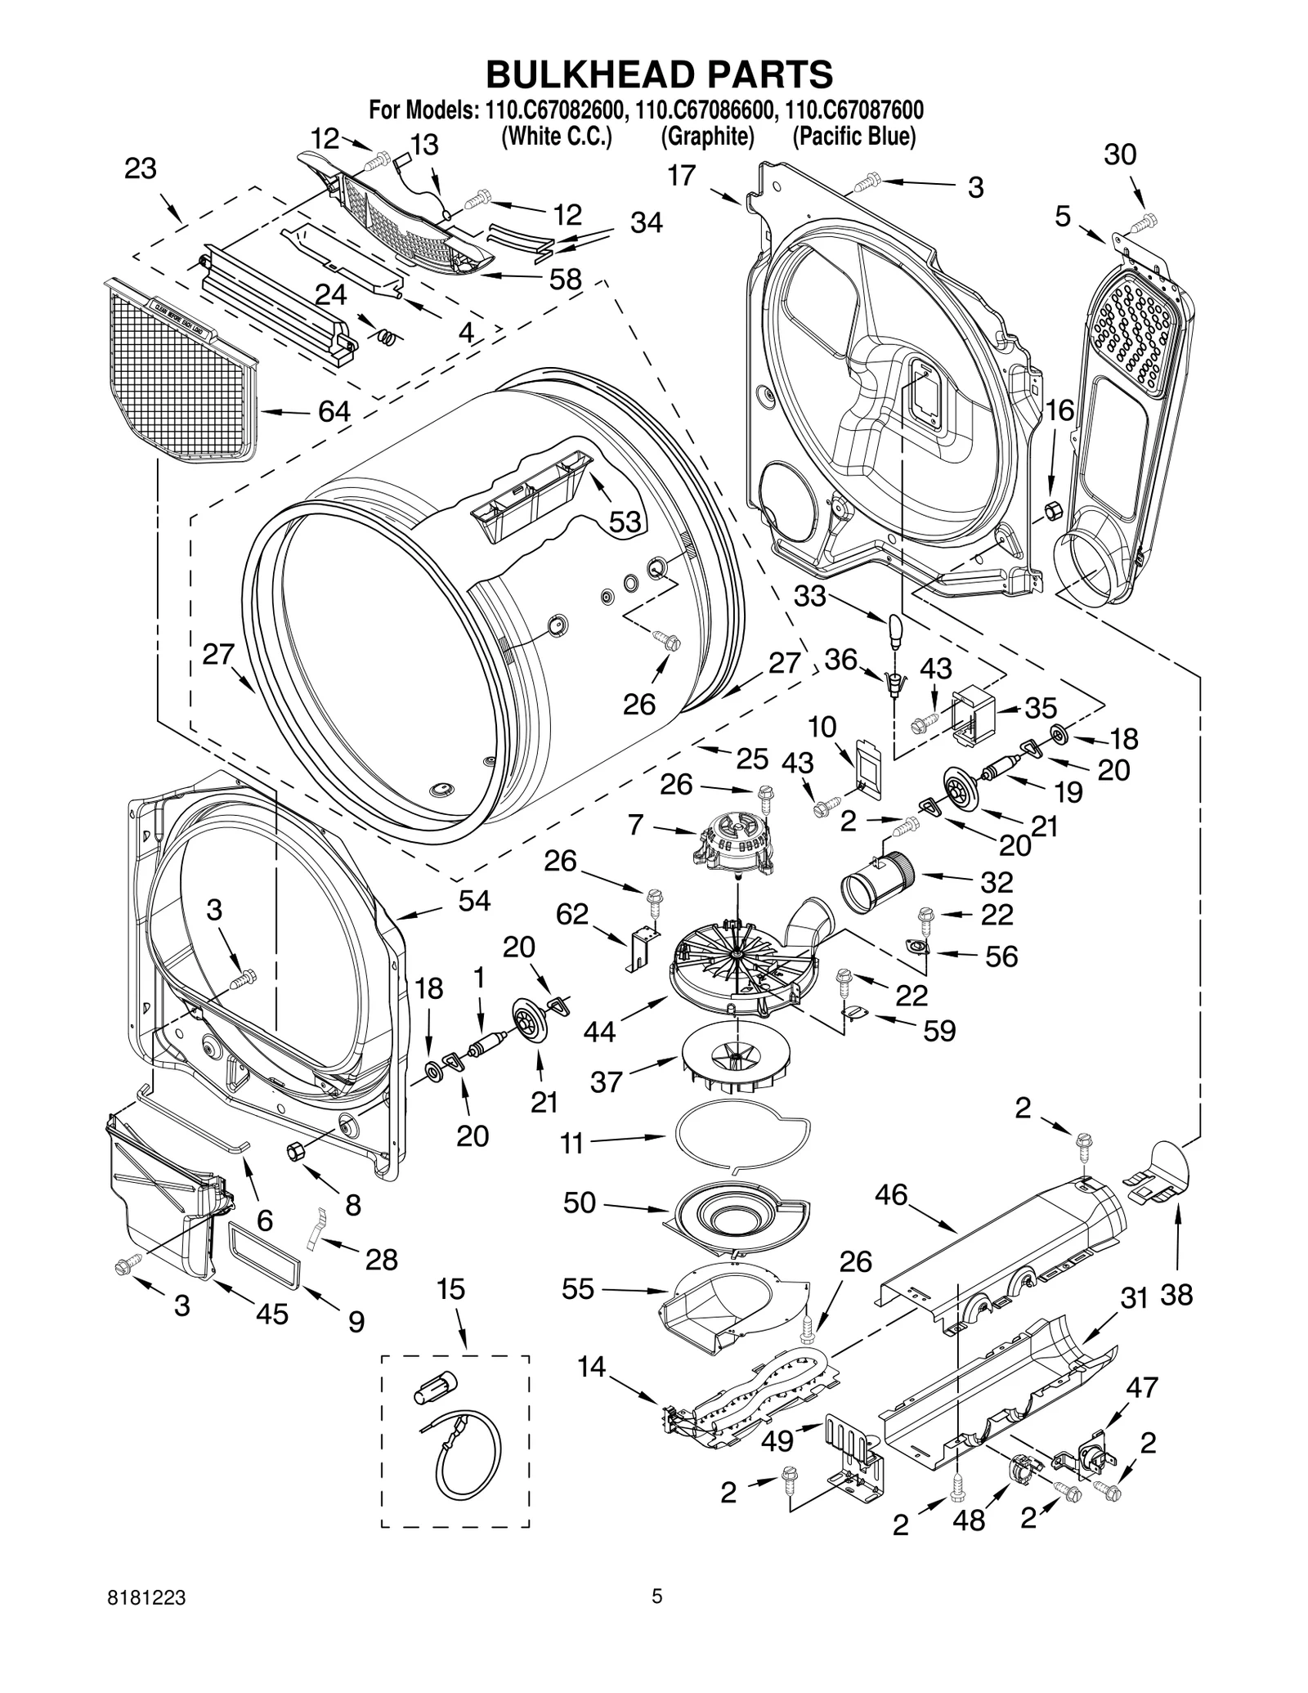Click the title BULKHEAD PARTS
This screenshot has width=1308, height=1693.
tap(659, 74)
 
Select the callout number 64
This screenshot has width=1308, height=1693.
tap(334, 411)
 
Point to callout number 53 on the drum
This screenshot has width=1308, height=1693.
tap(625, 522)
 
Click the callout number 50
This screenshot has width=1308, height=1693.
tap(579, 1203)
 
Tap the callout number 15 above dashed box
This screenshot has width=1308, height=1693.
tap(450, 1289)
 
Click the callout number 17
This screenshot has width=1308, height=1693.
tap(681, 176)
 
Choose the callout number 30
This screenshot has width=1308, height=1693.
tap(1120, 155)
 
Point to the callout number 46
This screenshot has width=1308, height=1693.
tap(891, 1195)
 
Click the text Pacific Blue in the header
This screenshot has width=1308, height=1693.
tap(853, 137)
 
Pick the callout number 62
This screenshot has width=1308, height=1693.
tap(572, 914)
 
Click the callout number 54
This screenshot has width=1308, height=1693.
tap(474, 901)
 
